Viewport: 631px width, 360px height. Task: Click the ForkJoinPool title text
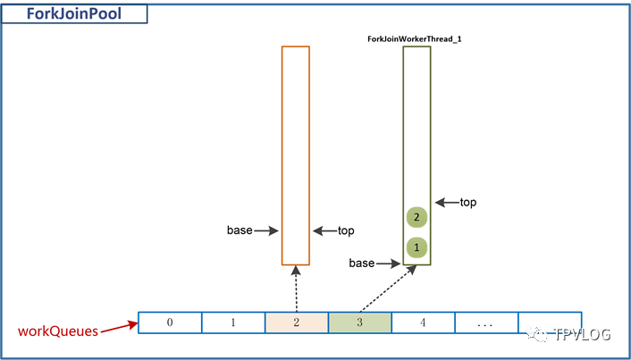(x=74, y=14)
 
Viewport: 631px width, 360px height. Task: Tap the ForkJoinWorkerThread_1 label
(x=414, y=39)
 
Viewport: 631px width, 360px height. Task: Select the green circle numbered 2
(x=416, y=218)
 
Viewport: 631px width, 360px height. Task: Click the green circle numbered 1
(x=416, y=247)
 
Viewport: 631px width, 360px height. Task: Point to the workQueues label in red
(x=58, y=331)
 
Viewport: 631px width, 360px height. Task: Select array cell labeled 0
(x=170, y=322)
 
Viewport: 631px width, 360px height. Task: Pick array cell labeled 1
(x=233, y=322)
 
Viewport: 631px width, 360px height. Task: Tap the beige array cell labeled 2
(x=297, y=322)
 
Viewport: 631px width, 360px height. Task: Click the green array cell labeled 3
(x=360, y=322)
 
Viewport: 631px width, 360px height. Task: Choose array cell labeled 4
(x=423, y=322)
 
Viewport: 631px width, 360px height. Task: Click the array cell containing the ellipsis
(x=486, y=322)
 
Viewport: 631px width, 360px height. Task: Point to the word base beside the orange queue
(x=240, y=230)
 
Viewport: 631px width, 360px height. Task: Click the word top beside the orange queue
(x=346, y=230)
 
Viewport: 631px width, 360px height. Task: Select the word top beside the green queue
(x=468, y=202)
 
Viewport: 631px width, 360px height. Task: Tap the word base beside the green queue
(x=362, y=264)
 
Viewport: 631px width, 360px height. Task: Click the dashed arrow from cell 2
(x=296, y=289)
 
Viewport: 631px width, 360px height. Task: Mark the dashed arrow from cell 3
(x=387, y=289)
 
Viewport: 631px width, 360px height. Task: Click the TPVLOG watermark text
(x=583, y=334)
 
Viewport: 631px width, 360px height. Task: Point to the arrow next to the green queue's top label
(x=447, y=203)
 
